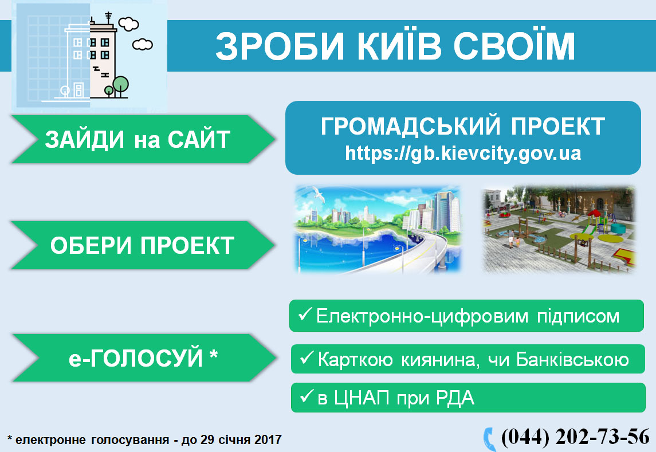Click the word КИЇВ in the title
point(399,46)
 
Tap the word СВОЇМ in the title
point(514,46)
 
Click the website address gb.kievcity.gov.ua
point(463,153)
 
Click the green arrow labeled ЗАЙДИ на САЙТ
point(142,139)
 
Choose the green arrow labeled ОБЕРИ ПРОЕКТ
point(142,245)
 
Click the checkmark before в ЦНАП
point(307,395)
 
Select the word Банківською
point(572,360)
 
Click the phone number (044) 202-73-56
point(575,437)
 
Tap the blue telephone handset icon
point(489,439)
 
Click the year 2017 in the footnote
point(268,440)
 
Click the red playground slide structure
point(594,221)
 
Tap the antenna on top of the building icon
point(108,17)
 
